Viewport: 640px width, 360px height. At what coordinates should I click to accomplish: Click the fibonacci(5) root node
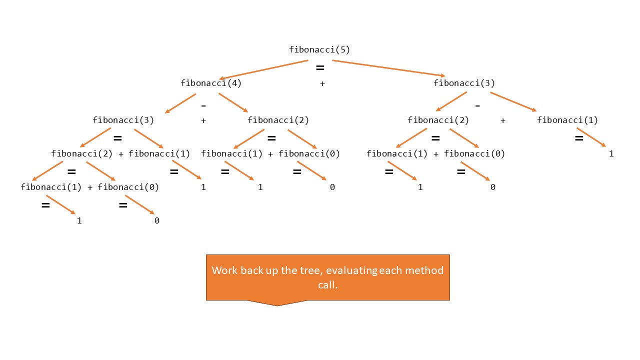click(x=319, y=49)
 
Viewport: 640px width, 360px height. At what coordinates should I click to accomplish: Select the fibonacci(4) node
click(x=211, y=83)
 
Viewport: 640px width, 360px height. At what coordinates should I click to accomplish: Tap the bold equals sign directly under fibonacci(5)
click(x=320, y=67)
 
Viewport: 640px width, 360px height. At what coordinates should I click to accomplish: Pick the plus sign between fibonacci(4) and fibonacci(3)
click(x=322, y=83)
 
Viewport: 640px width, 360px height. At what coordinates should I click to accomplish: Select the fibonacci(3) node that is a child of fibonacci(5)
click(x=464, y=83)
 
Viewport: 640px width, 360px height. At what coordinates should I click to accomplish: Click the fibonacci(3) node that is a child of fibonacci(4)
click(x=123, y=120)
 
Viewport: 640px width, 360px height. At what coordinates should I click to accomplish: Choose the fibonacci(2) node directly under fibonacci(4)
click(x=278, y=120)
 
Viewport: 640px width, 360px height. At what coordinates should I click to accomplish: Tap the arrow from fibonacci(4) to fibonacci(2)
click(x=233, y=102)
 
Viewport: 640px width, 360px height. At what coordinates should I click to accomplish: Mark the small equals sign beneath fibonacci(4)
click(x=203, y=106)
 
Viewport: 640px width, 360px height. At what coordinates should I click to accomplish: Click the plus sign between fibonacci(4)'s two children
click(x=203, y=120)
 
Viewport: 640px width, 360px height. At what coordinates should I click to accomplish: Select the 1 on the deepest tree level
click(x=79, y=220)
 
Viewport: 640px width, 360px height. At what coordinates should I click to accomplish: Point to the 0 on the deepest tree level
click(x=156, y=220)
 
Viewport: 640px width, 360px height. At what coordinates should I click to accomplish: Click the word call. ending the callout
click(x=328, y=284)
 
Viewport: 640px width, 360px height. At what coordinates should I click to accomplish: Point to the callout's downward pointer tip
click(x=277, y=305)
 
